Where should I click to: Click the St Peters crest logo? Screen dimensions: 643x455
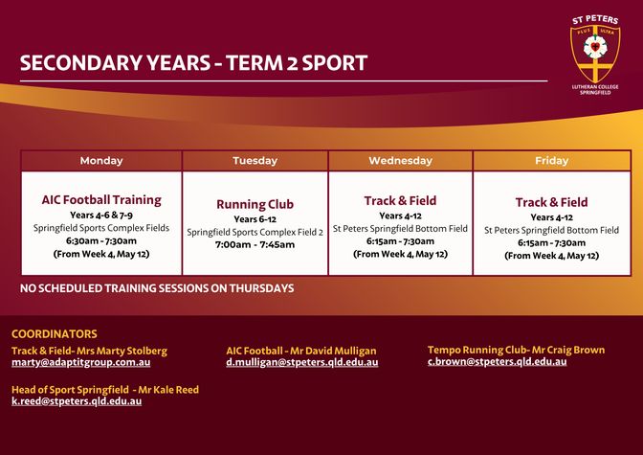click(595, 55)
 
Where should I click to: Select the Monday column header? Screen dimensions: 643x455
click(101, 161)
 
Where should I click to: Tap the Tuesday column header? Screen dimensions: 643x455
click(255, 161)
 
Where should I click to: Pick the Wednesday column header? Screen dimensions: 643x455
click(400, 161)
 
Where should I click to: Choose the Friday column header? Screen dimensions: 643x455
click(551, 161)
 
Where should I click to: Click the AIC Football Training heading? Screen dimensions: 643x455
click(101, 200)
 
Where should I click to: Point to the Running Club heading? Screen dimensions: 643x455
click(255, 204)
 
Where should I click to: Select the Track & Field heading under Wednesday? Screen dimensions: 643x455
click(400, 201)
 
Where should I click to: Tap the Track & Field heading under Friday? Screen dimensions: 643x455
click(551, 202)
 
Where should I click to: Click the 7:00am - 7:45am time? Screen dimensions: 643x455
click(255, 245)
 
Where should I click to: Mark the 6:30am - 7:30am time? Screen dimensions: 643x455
click(101, 241)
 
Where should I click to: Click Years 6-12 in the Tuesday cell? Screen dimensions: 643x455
click(255, 219)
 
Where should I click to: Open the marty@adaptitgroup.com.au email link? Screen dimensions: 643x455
click(80, 363)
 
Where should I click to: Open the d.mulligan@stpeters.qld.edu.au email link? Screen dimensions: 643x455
click(302, 363)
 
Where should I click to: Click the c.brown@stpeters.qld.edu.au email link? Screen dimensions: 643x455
click(497, 362)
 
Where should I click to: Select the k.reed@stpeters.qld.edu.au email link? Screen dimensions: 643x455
click(77, 401)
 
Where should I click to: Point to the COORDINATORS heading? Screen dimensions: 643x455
click(55, 334)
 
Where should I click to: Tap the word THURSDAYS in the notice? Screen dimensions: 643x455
click(261, 288)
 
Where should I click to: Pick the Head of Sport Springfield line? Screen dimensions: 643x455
click(105, 390)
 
